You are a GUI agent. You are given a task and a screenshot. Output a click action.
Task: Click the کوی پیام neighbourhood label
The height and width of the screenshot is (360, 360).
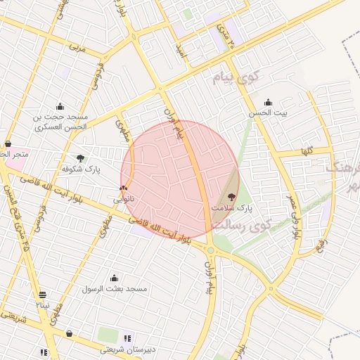236,77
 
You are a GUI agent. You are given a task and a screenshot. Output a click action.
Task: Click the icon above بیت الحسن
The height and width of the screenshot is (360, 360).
268,102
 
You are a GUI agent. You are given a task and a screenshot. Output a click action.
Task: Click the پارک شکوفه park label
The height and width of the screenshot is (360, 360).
82,169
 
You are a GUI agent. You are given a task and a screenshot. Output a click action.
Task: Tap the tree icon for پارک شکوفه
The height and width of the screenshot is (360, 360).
81,158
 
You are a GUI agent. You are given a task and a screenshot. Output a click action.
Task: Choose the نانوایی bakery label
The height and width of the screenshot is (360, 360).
124,200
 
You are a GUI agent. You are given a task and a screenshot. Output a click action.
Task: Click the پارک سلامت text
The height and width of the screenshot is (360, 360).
231,209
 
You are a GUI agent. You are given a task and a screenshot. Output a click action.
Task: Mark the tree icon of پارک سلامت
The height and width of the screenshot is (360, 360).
233,198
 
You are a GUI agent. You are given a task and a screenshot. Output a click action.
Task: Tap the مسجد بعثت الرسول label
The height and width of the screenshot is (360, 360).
113,289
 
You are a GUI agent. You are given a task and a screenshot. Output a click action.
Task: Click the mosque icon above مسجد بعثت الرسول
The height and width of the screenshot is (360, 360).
114,278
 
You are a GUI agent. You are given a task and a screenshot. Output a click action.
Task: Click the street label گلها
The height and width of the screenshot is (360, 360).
306,151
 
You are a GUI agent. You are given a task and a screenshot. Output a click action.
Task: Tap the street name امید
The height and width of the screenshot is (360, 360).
181,49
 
